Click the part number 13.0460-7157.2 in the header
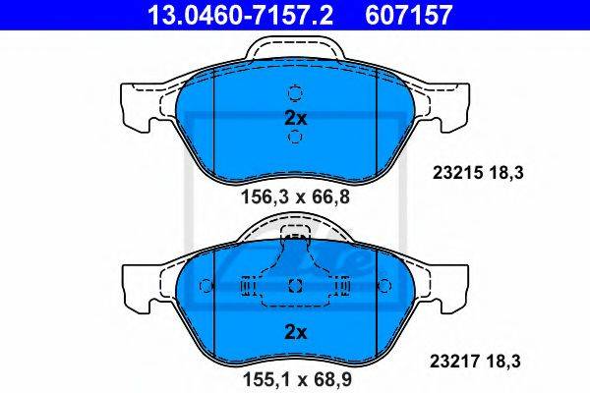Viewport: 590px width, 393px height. (240, 15)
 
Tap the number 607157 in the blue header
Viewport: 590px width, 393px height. (408, 15)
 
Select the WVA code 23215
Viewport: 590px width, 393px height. (457, 173)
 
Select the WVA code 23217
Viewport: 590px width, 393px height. (455, 362)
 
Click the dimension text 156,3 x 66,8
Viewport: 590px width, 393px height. (295, 196)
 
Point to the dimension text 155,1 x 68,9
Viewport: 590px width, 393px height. (297, 379)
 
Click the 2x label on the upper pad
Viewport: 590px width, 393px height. (295, 119)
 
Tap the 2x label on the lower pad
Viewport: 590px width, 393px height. (296, 332)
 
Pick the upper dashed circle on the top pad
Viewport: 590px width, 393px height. (295, 92)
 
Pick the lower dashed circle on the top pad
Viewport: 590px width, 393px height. (295, 137)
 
